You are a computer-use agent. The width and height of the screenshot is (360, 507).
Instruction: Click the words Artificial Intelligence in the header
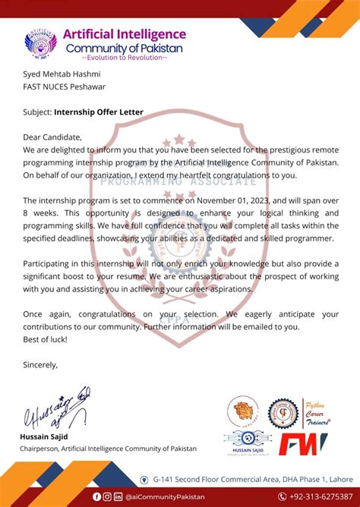(x=124, y=34)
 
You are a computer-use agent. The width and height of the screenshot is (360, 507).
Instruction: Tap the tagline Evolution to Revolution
(x=124, y=58)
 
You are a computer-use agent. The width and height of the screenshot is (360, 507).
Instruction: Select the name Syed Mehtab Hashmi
(x=56, y=74)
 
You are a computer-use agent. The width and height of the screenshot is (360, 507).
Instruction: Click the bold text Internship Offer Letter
(x=99, y=112)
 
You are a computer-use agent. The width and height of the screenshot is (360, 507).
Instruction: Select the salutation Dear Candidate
(x=52, y=137)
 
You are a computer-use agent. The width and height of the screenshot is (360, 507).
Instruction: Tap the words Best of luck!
(x=44, y=339)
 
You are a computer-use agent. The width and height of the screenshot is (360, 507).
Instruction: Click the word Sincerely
(x=40, y=364)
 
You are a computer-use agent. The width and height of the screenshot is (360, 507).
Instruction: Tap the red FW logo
(x=302, y=445)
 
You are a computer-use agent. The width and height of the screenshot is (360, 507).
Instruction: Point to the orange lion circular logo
(x=243, y=412)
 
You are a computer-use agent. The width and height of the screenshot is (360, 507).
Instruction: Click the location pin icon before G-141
(x=144, y=479)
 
